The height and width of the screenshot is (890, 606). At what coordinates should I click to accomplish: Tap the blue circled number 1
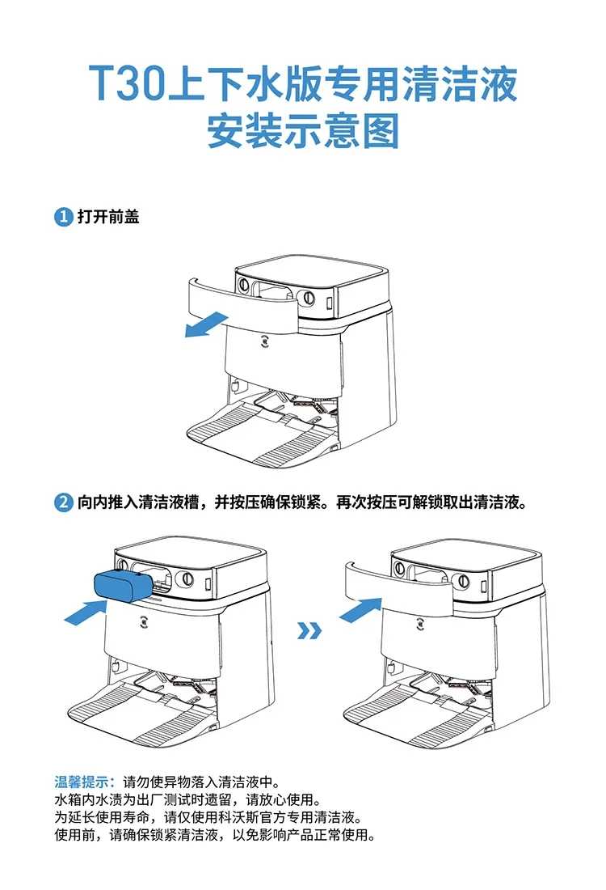[63, 217]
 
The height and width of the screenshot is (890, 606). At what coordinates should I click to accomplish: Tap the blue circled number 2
[63, 502]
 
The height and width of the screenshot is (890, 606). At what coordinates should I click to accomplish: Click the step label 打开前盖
[108, 217]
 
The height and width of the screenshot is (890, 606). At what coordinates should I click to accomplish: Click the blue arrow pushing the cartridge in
[85, 612]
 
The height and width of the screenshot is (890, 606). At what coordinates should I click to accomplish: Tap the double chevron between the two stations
[309, 629]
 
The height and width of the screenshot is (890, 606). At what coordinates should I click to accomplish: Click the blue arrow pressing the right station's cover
[360, 608]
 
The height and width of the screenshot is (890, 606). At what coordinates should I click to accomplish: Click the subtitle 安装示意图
[303, 131]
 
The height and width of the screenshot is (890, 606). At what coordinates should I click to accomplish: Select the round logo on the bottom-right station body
[421, 624]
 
